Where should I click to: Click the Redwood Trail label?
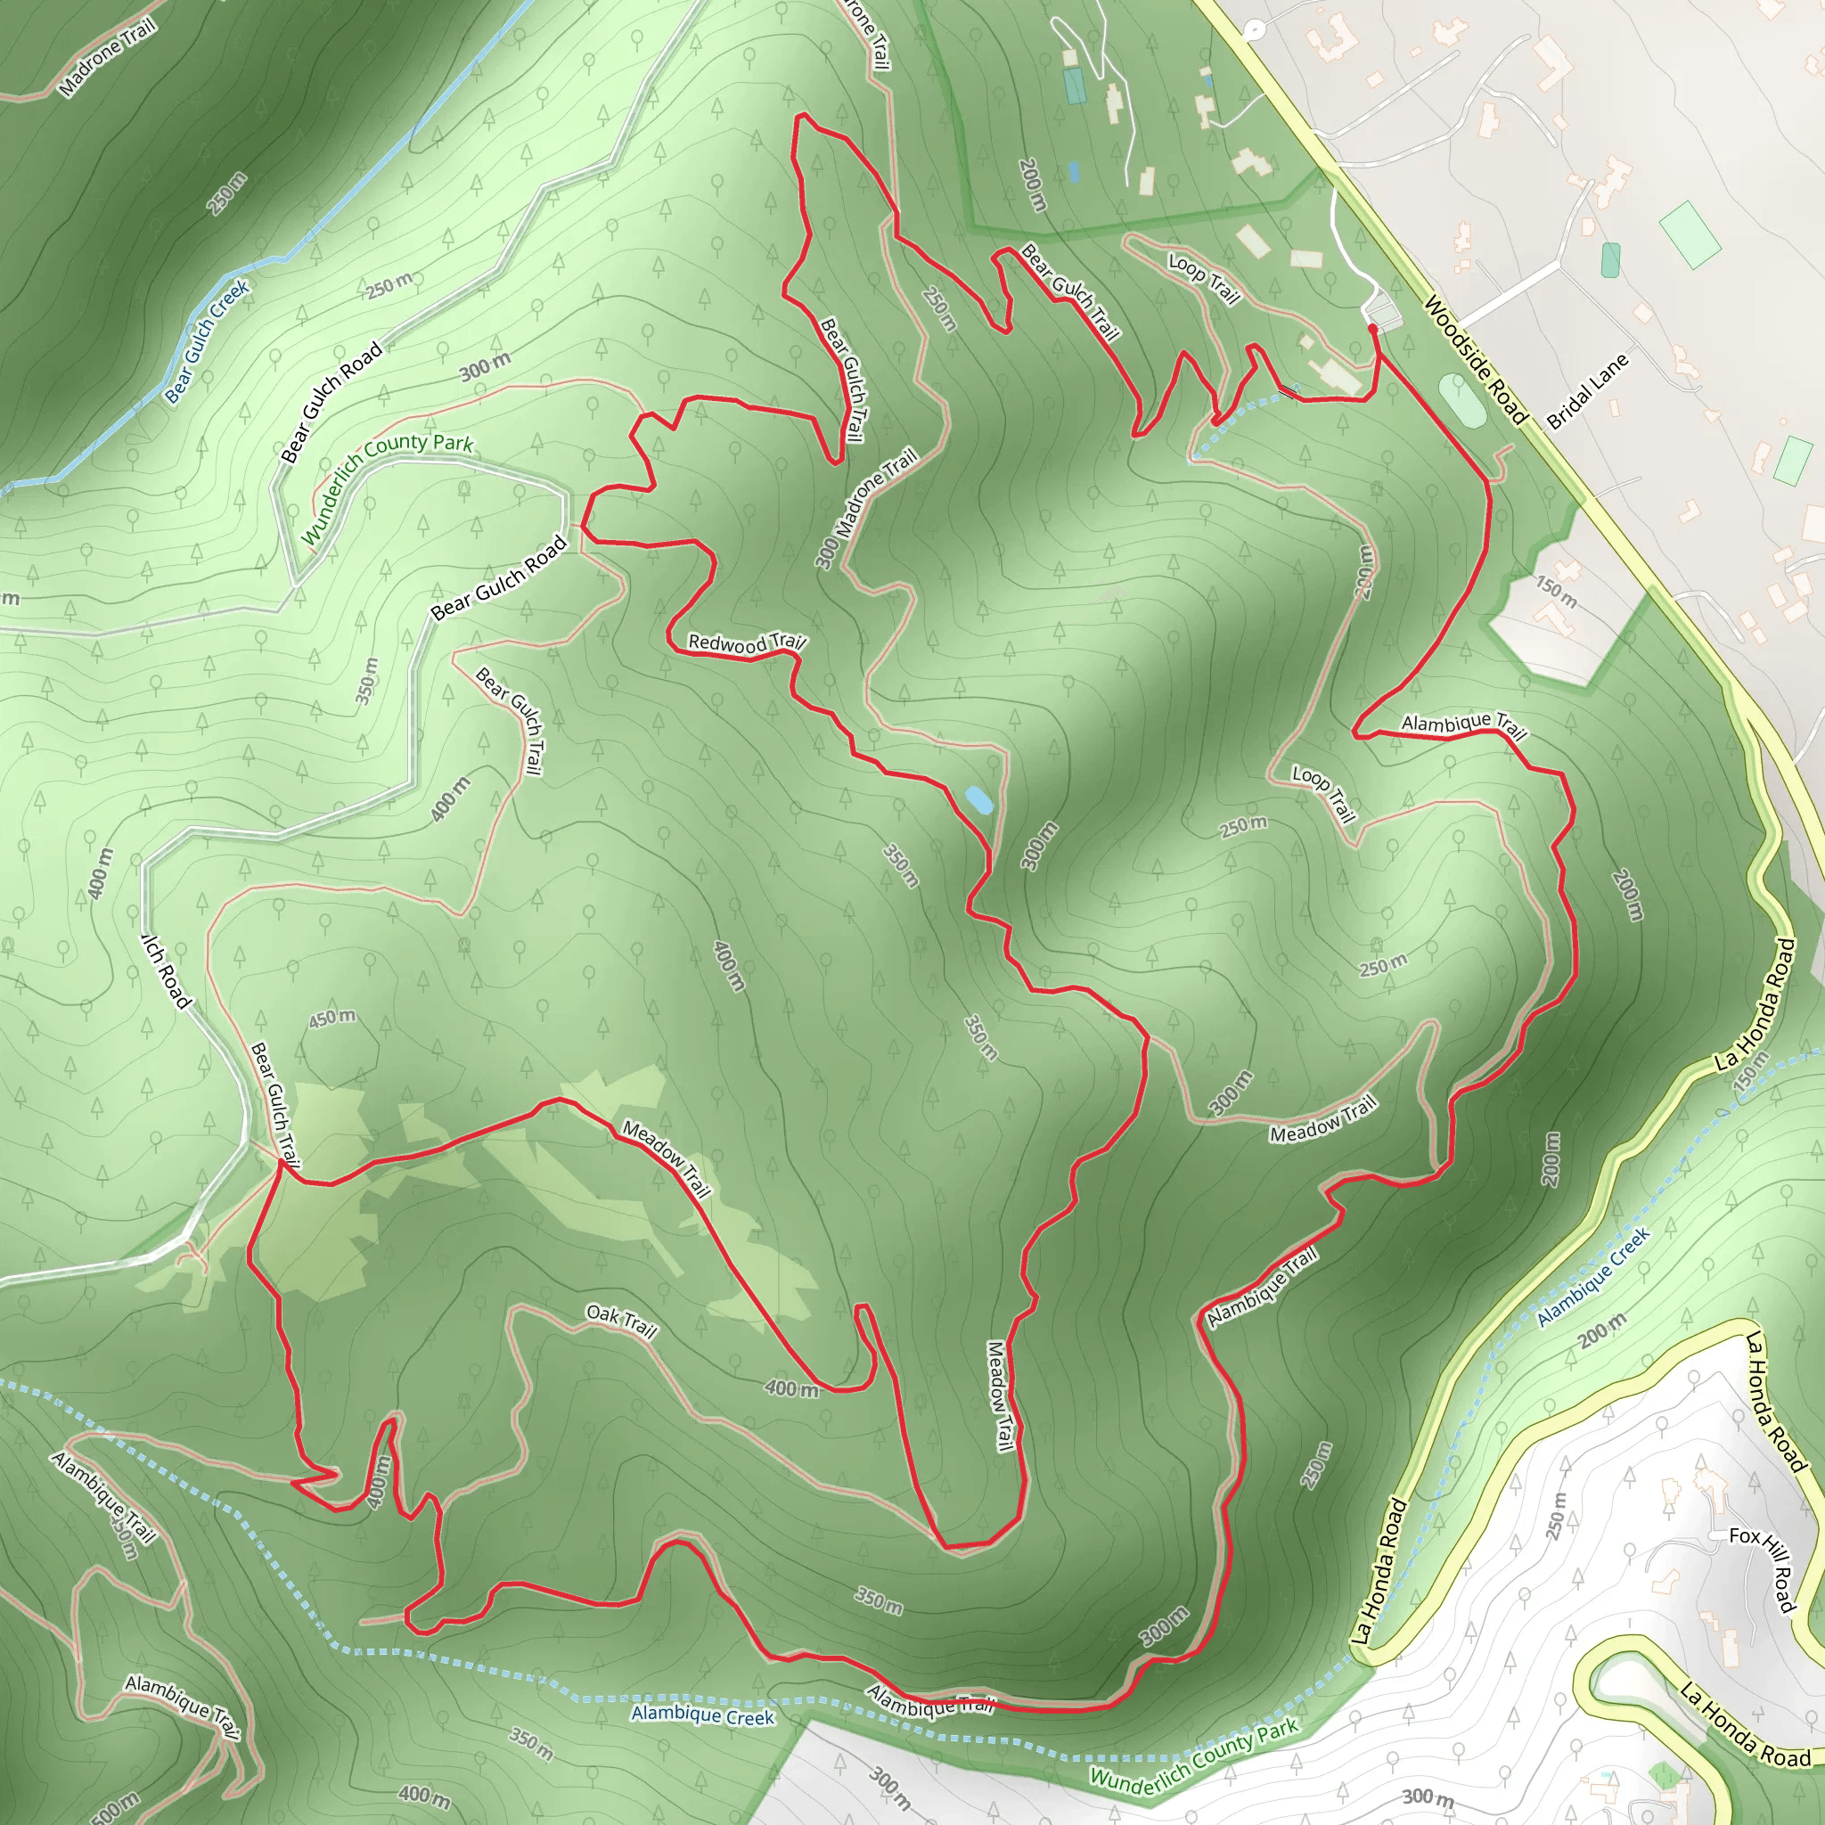745,643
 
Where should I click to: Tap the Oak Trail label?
620,1321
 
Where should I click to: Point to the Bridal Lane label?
1589,391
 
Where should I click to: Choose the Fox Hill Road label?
1764,1568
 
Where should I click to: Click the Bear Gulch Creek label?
207,341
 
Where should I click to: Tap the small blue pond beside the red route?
978,800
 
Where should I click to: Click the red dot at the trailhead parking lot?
1371,328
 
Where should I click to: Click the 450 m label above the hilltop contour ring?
332,1018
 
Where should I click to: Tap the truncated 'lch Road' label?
168,970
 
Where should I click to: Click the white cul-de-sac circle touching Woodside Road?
1254,29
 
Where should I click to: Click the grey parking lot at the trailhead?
1384,313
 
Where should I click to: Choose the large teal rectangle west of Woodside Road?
1074,86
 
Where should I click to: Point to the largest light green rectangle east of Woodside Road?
1690,233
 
